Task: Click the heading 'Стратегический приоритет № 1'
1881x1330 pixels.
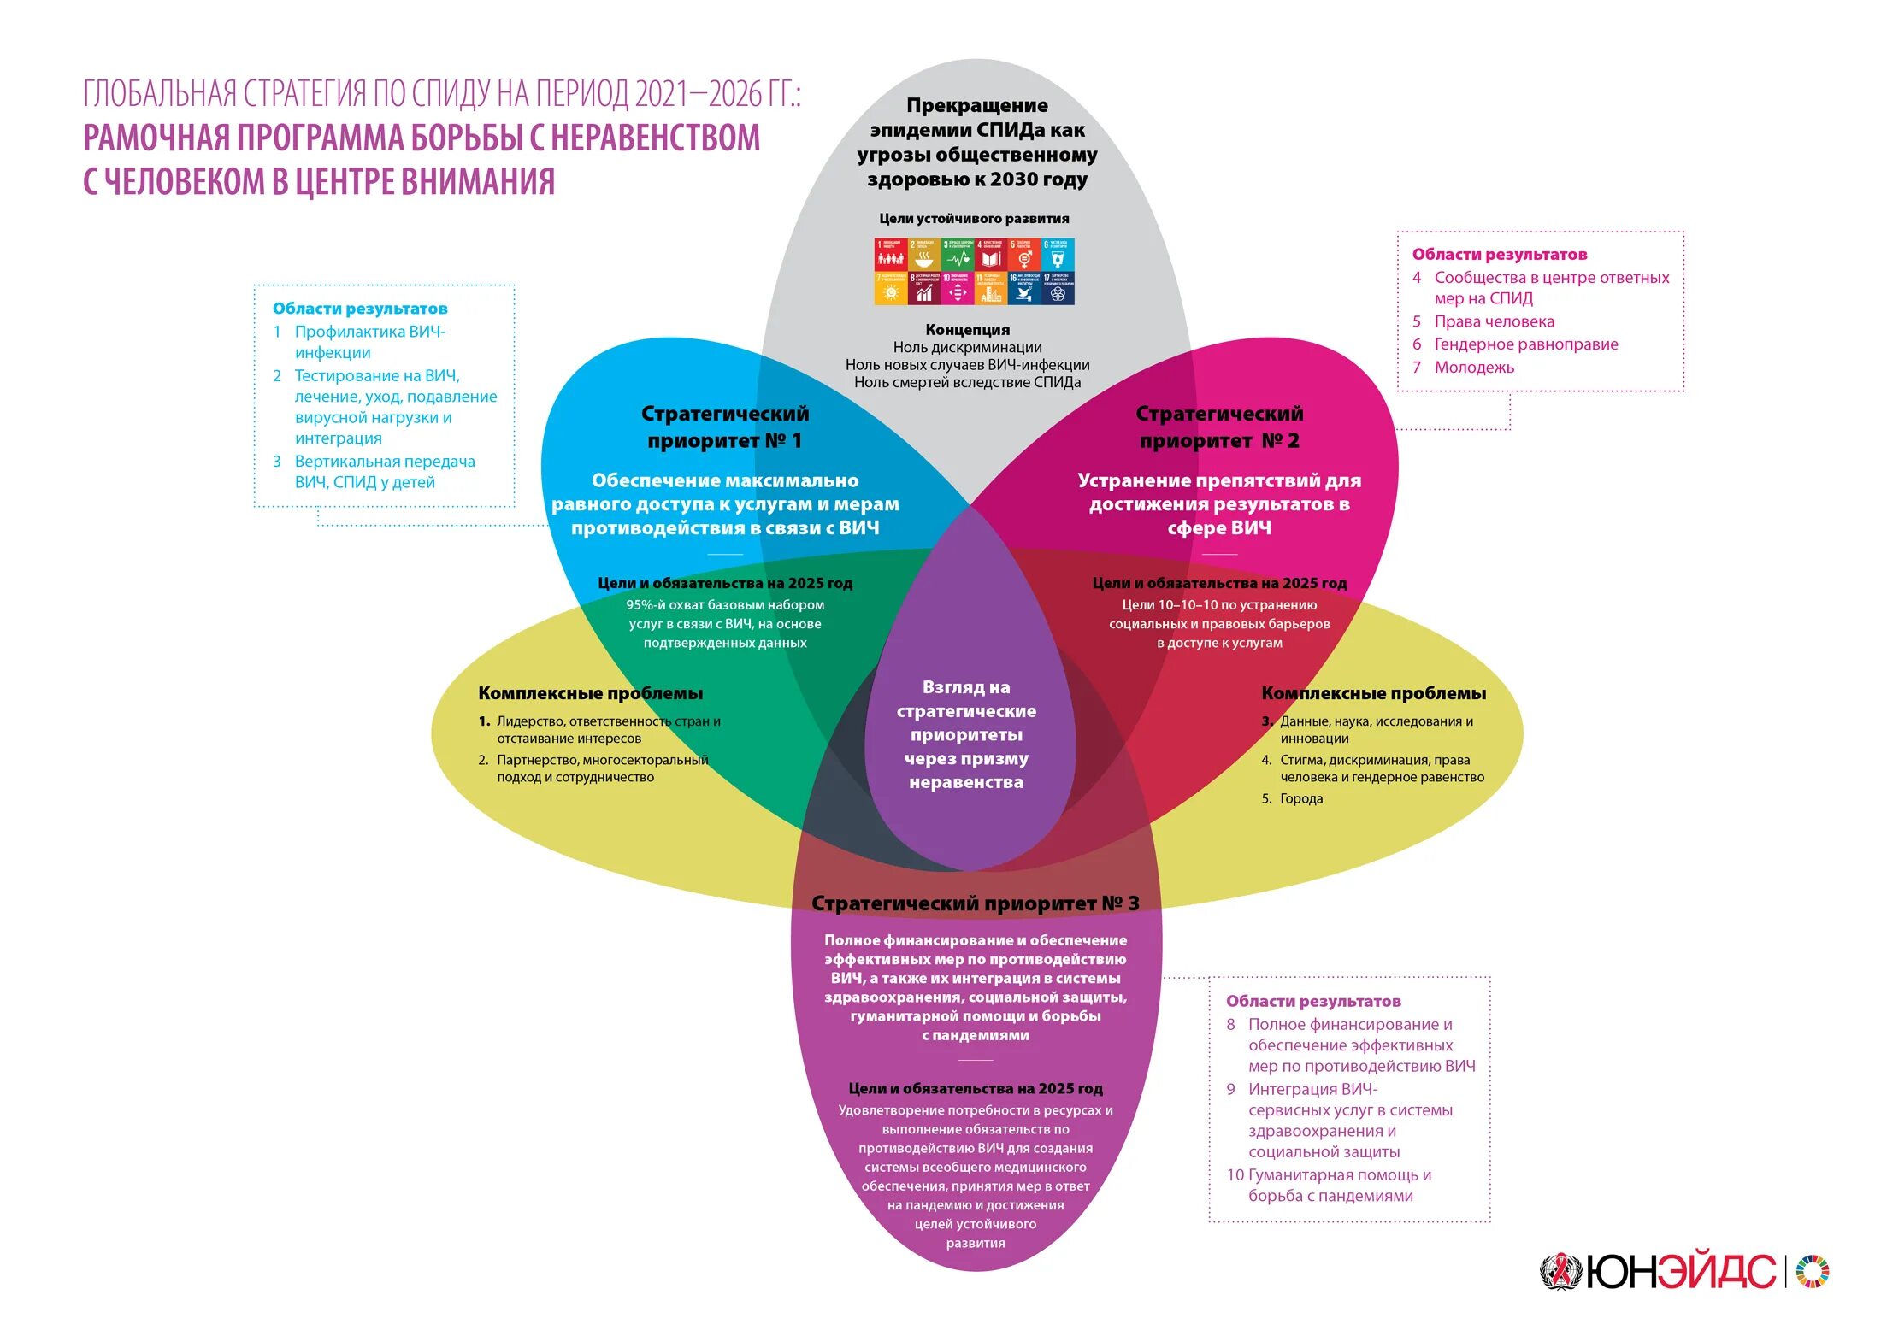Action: tap(724, 427)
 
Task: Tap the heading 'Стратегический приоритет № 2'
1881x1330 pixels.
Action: tap(1219, 427)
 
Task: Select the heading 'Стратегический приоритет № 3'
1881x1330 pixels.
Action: tap(975, 903)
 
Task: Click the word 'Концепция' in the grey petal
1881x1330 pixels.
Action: tap(967, 330)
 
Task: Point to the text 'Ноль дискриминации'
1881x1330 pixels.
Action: tap(967, 348)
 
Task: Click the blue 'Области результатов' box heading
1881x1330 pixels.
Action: tap(360, 309)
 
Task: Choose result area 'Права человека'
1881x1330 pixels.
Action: tap(1494, 321)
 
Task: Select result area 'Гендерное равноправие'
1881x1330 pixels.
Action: tap(1525, 344)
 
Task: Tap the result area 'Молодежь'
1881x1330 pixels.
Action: tap(1474, 368)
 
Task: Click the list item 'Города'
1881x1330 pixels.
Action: tap(1300, 798)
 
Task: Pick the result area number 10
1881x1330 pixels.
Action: tap(1235, 1175)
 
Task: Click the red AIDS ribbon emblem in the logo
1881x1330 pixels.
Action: tap(1561, 1272)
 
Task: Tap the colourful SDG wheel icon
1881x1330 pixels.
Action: tap(1813, 1271)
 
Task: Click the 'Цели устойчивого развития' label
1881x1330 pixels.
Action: tap(974, 219)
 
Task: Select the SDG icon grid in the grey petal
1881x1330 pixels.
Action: tap(974, 271)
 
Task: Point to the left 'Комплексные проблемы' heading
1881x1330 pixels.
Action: tap(590, 693)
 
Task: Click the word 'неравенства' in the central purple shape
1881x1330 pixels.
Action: tap(966, 782)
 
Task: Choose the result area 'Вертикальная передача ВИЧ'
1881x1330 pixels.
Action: tap(385, 462)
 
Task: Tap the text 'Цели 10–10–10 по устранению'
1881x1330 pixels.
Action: tap(1219, 605)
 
